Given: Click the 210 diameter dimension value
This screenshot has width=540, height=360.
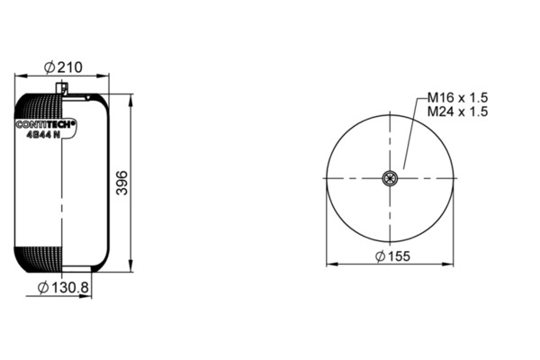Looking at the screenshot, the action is tap(70, 67).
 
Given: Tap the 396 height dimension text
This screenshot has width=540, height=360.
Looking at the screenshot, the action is tap(121, 183).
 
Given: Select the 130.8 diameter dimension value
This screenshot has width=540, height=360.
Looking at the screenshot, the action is tap(70, 287).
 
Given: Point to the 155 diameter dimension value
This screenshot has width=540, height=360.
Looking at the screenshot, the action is tap(399, 256).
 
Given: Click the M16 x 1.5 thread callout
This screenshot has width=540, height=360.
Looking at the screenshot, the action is tap(457, 98).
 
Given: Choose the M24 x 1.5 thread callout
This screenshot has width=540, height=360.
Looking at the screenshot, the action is tap(457, 112).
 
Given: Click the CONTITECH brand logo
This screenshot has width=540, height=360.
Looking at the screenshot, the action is tap(46, 124).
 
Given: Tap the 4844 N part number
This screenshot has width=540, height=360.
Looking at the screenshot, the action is tap(43, 135).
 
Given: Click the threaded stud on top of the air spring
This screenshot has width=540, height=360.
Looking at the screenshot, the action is tap(62, 87).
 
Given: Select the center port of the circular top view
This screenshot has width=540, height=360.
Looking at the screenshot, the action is tap(390, 178).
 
